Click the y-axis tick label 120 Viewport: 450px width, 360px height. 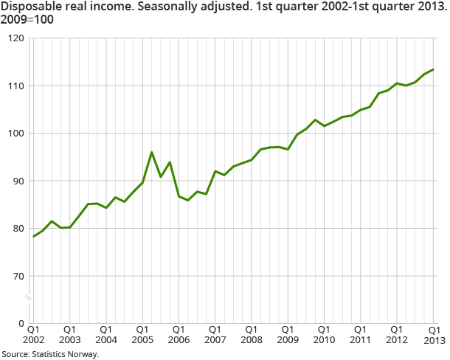15,38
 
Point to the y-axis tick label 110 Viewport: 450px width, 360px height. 15,86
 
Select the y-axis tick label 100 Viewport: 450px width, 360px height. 15,134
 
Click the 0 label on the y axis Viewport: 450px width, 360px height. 21,324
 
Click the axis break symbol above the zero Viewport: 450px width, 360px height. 29,297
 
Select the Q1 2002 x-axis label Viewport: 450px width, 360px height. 33,334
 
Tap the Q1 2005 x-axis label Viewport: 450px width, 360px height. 142,334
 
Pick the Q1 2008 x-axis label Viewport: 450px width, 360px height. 250,334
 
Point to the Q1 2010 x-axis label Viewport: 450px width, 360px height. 322,334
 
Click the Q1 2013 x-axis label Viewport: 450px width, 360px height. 433,334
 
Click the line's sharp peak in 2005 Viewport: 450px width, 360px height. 151,153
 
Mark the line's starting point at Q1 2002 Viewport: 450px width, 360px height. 33,236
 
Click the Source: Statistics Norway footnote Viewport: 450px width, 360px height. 49,353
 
